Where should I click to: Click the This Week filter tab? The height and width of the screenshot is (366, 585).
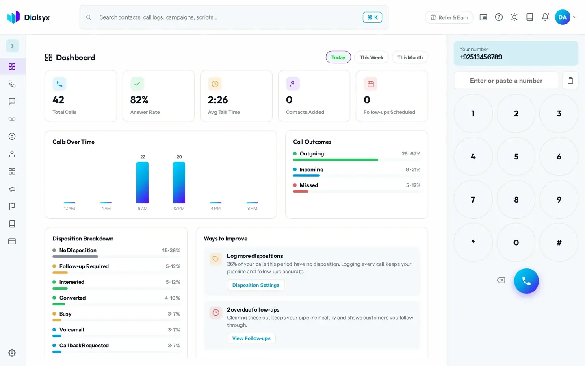(x=371, y=57)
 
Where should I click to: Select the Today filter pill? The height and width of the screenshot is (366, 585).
(x=338, y=57)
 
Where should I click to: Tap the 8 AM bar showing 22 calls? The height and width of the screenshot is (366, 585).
(x=143, y=183)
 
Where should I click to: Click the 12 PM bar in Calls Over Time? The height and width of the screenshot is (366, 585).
(x=179, y=183)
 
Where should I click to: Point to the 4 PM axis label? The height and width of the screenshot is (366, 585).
(x=216, y=208)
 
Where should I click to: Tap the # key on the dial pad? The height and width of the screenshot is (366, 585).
(x=559, y=242)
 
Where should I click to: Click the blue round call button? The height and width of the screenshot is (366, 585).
(x=526, y=281)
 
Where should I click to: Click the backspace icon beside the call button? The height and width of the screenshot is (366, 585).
(x=501, y=280)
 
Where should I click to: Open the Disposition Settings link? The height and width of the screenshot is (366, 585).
(x=256, y=285)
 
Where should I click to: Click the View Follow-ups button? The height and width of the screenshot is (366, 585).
(x=251, y=338)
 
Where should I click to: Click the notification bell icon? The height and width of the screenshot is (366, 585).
(x=545, y=17)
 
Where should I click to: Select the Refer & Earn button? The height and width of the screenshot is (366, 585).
(x=449, y=17)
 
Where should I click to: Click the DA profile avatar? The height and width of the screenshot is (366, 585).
(x=563, y=17)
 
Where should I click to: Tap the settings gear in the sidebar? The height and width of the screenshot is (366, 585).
(x=12, y=353)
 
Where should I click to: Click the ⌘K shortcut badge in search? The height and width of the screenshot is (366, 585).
(x=373, y=17)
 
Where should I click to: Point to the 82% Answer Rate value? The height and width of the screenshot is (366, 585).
(x=139, y=100)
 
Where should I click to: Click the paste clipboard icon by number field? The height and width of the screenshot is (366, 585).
(x=570, y=81)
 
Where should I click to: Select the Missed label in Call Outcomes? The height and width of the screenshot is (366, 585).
(x=309, y=185)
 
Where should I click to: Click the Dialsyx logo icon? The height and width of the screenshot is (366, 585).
(x=13, y=17)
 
